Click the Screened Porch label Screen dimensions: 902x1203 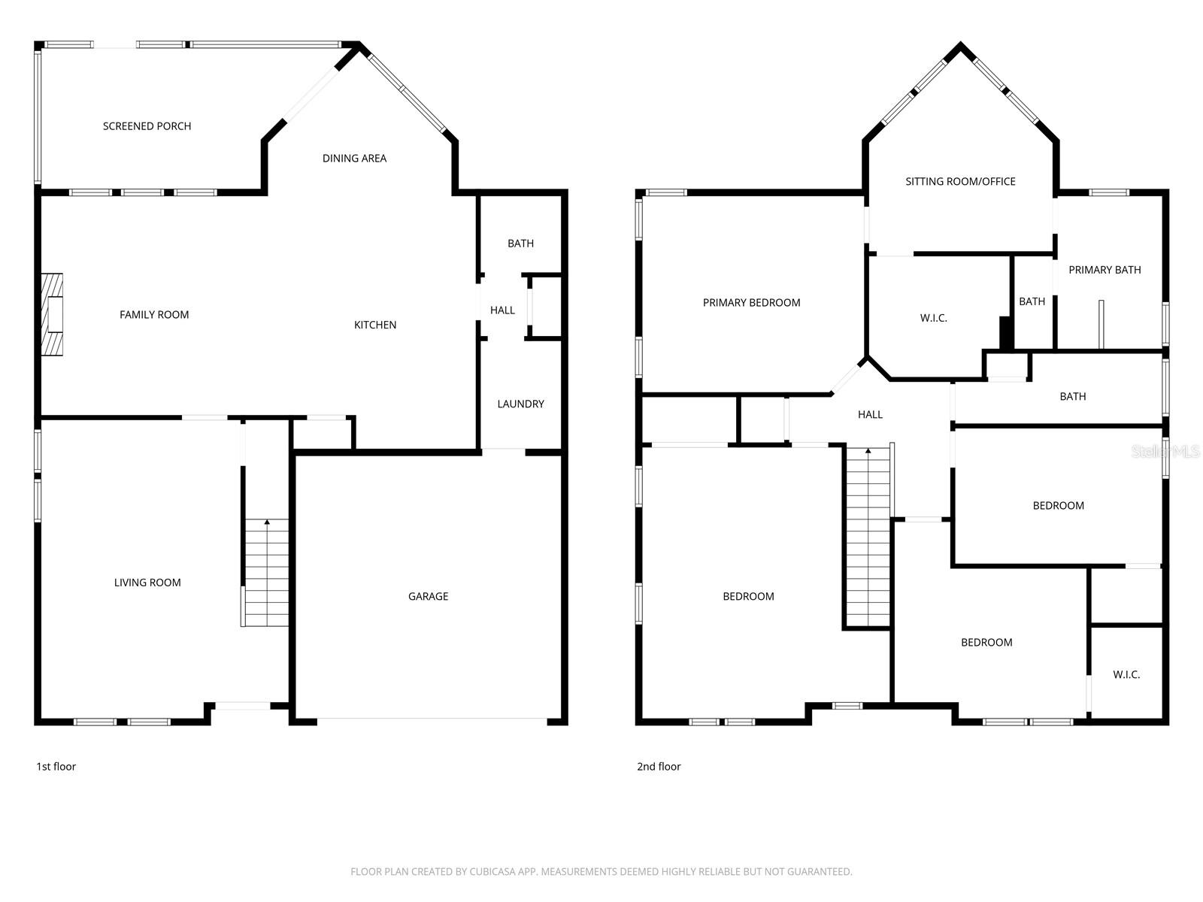[147, 126]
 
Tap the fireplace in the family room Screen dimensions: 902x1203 [52, 314]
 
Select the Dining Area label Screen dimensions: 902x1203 [354, 158]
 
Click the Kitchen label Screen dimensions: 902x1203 [375, 325]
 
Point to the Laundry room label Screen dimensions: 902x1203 [520, 404]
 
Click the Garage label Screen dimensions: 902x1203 [428, 596]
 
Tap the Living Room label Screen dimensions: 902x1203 [147, 582]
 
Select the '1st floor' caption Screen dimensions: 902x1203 [56, 767]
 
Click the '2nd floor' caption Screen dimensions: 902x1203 [659, 767]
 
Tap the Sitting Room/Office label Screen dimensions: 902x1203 [960, 181]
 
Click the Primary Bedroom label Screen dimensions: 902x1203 [751, 302]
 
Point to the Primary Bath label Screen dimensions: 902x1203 [1105, 270]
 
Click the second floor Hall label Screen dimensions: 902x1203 [870, 414]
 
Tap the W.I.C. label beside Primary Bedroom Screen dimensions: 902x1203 [933, 318]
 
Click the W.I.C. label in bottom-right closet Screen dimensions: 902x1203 [1126, 674]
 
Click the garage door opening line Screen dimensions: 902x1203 [432, 720]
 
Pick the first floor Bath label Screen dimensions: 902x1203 [520, 244]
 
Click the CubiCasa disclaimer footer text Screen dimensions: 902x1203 [601, 872]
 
